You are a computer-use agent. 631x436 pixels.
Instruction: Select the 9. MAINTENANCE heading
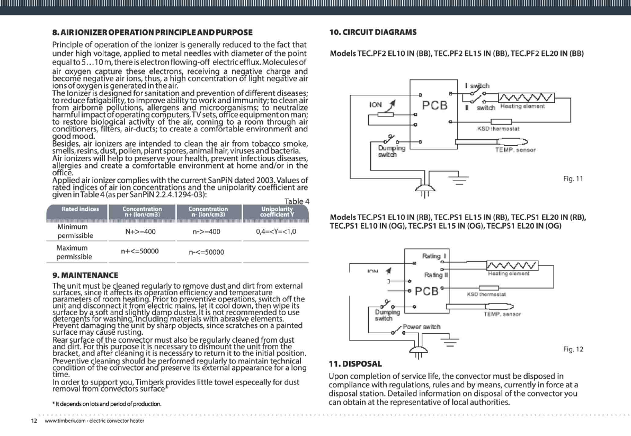coord(85,275)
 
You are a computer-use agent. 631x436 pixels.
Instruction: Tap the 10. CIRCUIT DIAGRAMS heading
coord(372,32)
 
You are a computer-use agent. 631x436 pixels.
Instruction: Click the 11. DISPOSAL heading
coord(355,364)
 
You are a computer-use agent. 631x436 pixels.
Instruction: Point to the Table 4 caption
coord(297,201)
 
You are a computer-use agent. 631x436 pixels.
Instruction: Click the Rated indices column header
coord(81,209)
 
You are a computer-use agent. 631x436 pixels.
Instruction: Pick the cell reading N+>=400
coord(140,232)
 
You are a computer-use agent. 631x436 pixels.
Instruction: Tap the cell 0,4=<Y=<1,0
coord(275,232)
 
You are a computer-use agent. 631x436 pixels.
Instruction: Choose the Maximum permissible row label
coord(75,252)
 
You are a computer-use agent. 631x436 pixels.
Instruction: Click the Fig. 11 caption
coord(573,179)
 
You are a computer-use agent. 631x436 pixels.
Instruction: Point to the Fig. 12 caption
coord(573,349)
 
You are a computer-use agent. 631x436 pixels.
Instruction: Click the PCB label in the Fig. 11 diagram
coord(435,105)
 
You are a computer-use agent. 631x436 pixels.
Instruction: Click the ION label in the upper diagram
coord(376,105)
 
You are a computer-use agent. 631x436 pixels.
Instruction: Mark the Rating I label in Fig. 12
coord(434,257)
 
